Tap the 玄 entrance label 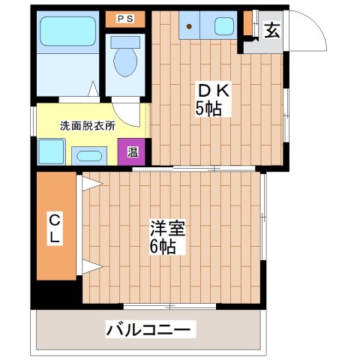(x=271, y=31)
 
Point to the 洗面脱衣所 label (x=87, y=126)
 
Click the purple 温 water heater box (x=131, y=152)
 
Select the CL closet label (x=55, y=228)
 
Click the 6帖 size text (x=163, y=247)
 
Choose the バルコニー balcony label (x=150, y=328)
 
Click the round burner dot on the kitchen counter (x=190, y=27)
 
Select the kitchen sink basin (x=224, y=26)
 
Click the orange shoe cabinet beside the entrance (x=248, y=24)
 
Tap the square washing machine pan (x=51, y=153)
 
